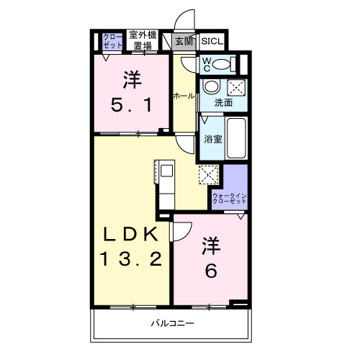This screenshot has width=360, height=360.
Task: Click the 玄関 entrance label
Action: [184, 42]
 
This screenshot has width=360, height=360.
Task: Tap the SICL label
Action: [212, 42]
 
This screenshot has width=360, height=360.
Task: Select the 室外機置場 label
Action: [141, 40]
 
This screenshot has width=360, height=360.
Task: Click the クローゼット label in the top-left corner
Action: [112, 40]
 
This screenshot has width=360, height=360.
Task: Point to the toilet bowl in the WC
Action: [225, 65]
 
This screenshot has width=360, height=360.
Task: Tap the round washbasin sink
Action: [211, 87]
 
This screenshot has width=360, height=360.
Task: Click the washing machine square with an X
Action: [235, 88]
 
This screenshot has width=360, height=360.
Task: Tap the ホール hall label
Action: [182, 95]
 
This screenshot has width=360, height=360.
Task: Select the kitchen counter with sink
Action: [165, 186]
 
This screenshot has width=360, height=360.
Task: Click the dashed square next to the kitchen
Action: [208, 175]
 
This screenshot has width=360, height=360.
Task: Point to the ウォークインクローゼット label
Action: [230, 199]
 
